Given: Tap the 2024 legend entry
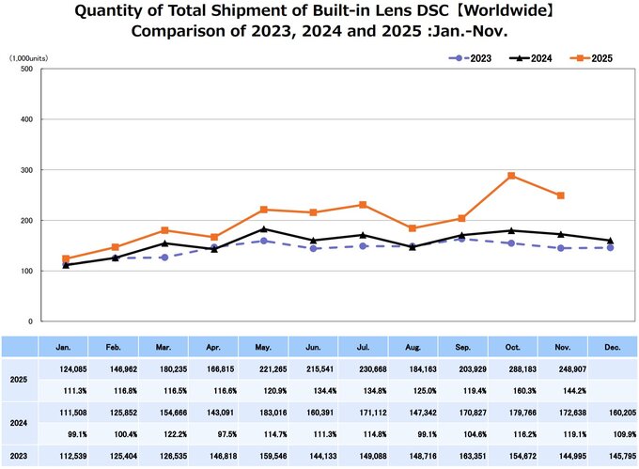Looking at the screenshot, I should (537, 58).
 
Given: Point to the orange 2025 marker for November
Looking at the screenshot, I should (561, 195).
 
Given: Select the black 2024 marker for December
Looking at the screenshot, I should (610, 241).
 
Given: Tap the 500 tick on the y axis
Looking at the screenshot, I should (25, 70).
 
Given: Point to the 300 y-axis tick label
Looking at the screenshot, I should (25, 170).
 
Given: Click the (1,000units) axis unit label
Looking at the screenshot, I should (29, 58).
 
